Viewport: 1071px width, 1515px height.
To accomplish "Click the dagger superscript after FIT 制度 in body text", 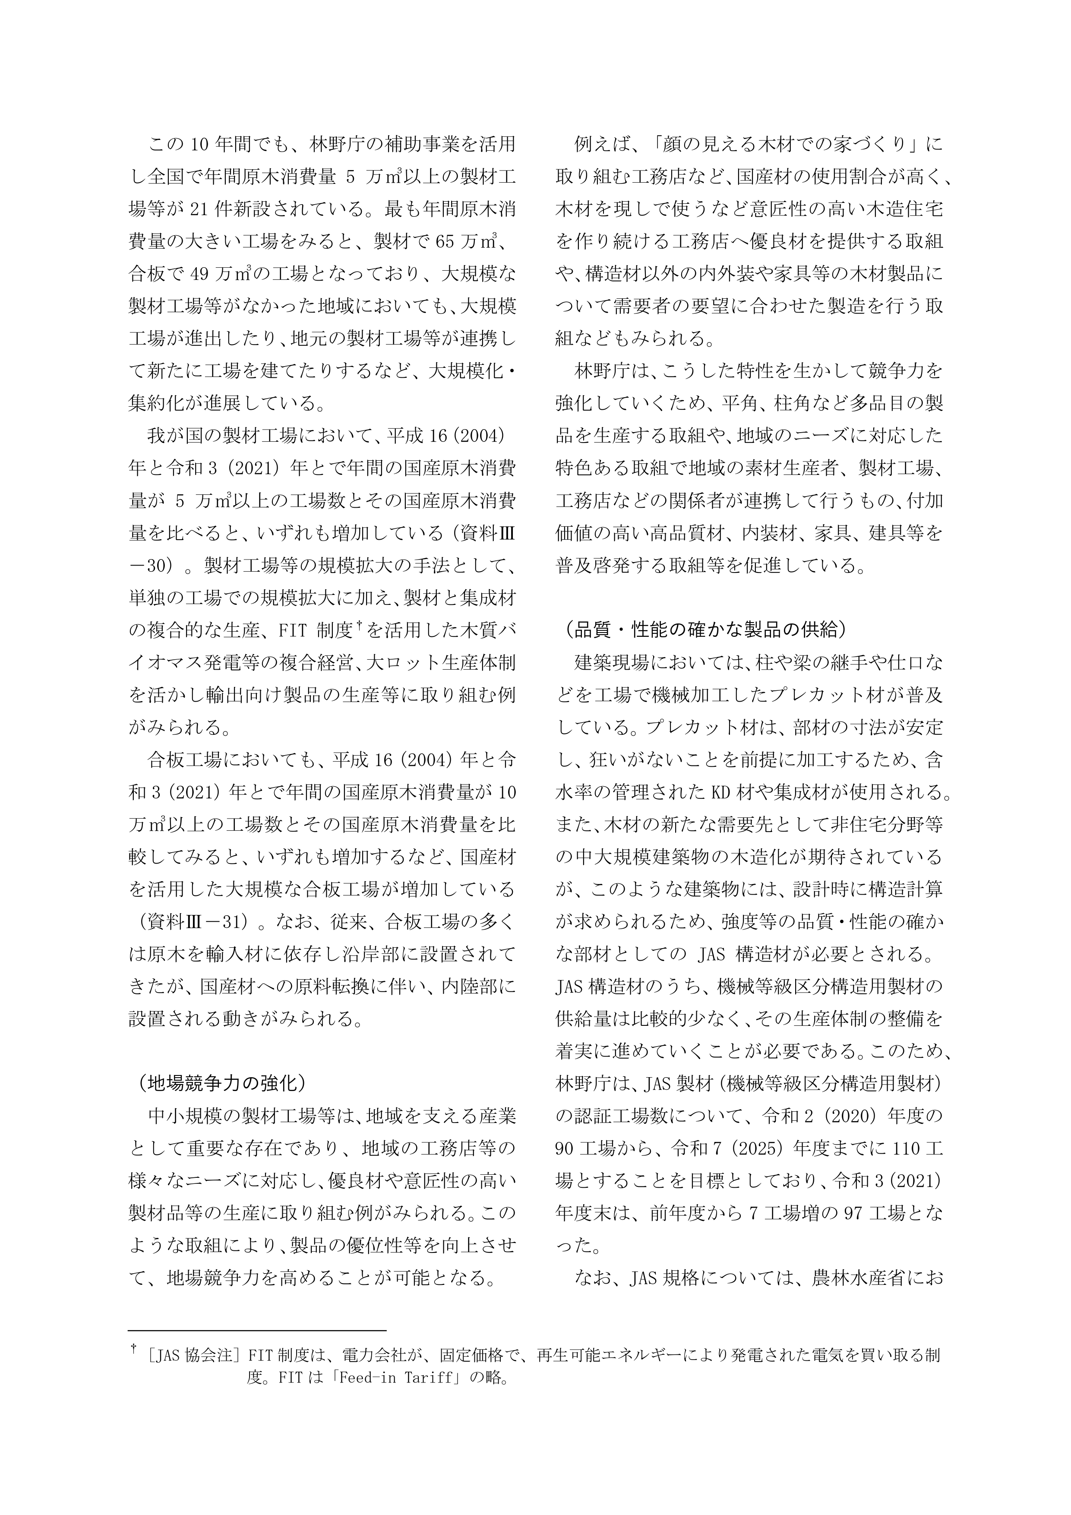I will pyautogui.click(x=360, y=627).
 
